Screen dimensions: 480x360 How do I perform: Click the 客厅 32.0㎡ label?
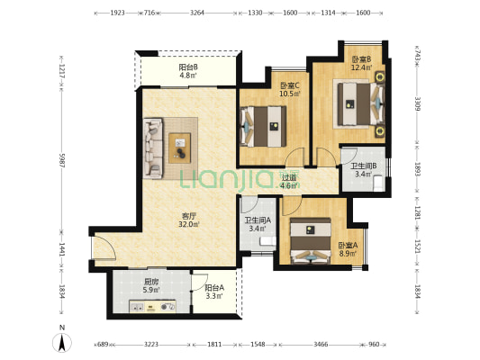tap(189, 220)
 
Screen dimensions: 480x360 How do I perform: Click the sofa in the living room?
tap(153, 148)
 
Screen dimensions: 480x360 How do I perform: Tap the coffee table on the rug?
tap(180, 148)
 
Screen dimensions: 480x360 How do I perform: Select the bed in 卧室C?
tap(263, 126)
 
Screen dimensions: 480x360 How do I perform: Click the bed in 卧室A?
tap(311, 240)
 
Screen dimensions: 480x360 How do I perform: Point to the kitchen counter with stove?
tap(152, 306)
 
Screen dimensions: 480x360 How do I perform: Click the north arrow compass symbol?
tap(62, 343)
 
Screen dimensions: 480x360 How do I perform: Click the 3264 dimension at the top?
tap(197, 13)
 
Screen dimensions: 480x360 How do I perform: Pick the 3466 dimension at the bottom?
tap(321, 345)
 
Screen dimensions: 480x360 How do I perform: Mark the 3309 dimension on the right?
tap(418, 104)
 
